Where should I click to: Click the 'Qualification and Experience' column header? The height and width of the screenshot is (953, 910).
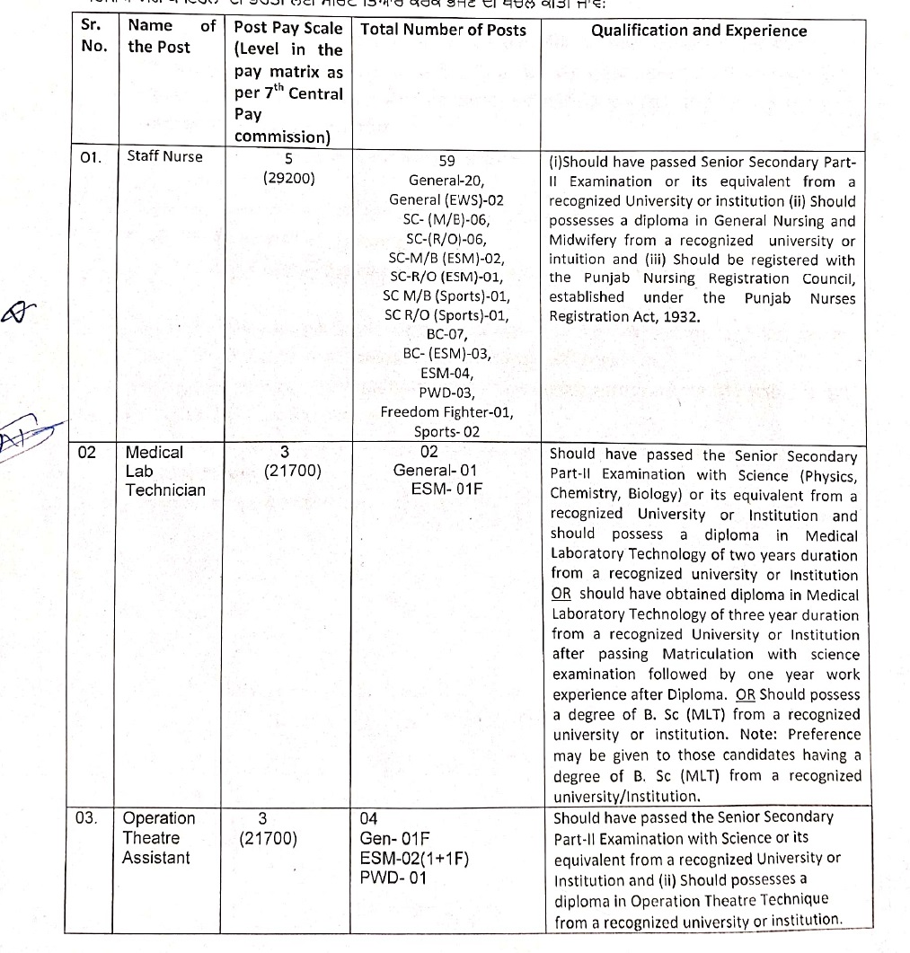point(699,31)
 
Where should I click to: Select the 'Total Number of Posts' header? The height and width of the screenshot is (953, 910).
point(443,30)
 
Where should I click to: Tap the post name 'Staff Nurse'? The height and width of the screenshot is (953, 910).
point(164,156)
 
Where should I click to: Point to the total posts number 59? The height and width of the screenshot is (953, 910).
point(446,162)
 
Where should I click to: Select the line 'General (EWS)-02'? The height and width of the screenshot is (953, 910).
point(446,199)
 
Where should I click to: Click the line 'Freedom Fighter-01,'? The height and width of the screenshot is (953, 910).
point(446,412)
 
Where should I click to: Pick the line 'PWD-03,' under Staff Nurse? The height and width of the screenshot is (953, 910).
point(446,393)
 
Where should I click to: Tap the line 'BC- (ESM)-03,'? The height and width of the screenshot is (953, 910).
point(446,354)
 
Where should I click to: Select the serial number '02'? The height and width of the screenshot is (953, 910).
point(87,452)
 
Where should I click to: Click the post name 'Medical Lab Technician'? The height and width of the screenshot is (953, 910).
point(164,471)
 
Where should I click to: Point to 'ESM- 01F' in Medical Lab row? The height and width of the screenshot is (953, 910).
point(446,490)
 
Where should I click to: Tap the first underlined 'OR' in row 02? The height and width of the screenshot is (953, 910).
point(562,595)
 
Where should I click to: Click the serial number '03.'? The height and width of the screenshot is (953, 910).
point(89,817)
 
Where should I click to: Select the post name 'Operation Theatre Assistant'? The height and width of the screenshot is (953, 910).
point(158,837)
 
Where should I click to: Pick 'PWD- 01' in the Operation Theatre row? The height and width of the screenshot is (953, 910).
point(393,877)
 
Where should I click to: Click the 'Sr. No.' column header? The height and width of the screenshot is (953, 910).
point(93,36)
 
